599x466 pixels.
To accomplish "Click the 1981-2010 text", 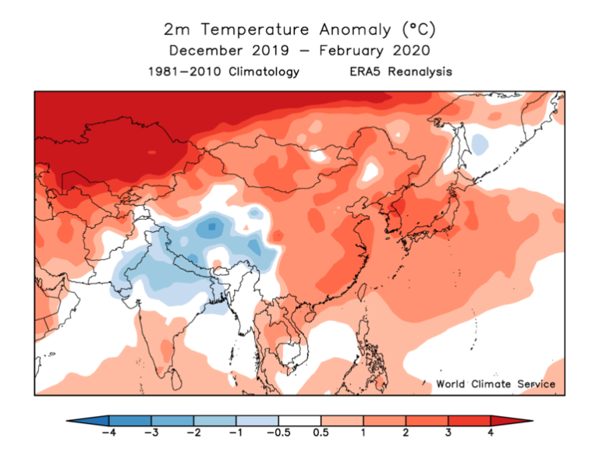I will point(180,72).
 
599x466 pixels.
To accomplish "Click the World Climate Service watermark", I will point(495,383).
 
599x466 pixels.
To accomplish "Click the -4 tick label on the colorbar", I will point(108,434).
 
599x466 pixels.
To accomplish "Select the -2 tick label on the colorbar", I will point(193,434).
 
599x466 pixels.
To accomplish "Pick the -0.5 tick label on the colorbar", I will point(278,434).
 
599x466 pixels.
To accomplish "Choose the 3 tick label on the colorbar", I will point(448,434).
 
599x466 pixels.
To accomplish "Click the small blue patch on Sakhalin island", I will point(480,143).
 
